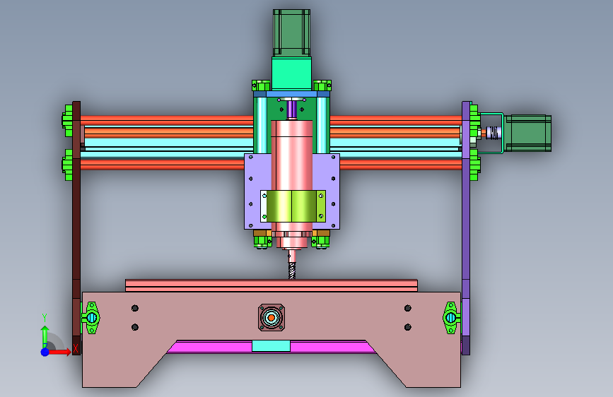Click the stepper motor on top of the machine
point(291,33)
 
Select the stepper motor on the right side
point(527,134)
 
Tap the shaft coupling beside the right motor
point(494,133)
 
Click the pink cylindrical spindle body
point(292,184)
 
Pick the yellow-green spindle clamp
point(293,206)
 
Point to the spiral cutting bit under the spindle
point(292,266)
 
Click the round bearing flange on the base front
point(272,318)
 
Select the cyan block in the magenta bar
point(271,346)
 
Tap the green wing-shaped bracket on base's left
point(91,318)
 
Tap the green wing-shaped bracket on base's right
point(451,318)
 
